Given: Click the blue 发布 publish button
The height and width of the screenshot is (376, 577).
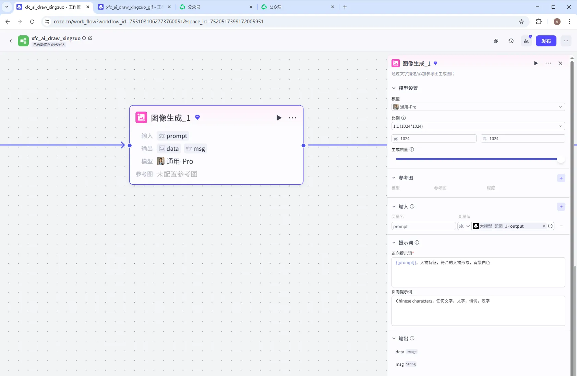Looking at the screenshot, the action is pos(546,41).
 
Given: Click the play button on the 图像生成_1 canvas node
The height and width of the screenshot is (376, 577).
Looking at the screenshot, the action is pos(279,118).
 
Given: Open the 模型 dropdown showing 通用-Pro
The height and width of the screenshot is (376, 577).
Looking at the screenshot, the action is pos(478,107).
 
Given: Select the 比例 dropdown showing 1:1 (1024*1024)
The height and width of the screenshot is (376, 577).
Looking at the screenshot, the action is pos(478,126).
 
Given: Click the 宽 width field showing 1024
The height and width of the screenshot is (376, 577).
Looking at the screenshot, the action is pos(434,139).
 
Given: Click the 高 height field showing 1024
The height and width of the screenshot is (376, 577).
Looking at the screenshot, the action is pos(522,139).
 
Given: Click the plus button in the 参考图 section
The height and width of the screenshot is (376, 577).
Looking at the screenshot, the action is pos(561,178).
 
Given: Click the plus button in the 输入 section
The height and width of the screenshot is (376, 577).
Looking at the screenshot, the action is pos(561,207).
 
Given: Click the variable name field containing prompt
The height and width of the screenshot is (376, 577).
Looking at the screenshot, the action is pos(423,226).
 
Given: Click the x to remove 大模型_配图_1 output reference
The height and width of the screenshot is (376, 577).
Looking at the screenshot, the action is pos(544,226).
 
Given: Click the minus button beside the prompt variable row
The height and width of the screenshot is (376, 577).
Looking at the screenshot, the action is pos(561,226).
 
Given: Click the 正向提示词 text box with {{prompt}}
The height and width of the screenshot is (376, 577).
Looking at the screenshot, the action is pos(478,272).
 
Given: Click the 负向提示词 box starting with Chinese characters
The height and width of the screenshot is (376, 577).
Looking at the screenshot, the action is pos(478,311).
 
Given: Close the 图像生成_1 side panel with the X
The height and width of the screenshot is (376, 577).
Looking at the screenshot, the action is pos(560,63).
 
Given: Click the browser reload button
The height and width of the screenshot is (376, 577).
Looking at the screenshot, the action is pos(32,21).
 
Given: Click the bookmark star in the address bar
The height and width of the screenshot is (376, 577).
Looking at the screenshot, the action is pos(521,22).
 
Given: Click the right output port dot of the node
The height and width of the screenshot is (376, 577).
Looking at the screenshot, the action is pos(303,146).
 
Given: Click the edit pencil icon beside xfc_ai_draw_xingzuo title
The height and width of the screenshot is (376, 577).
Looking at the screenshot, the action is pos(90,38).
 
